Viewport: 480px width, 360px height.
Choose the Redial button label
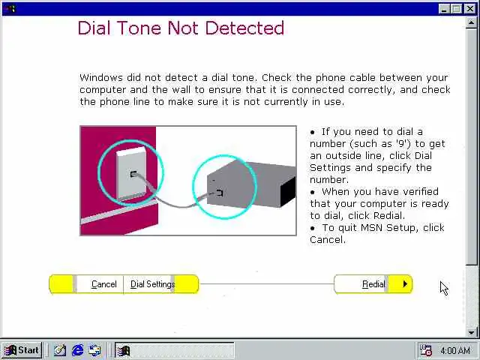tap(373, 284)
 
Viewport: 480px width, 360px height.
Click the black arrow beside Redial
tap(405, 284)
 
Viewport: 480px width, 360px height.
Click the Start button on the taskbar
tap(22, 350)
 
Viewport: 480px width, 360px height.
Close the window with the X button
tap(470, 8)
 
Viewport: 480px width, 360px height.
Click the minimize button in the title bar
tap(444, 8)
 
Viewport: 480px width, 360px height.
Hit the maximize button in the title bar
tap(456, 8)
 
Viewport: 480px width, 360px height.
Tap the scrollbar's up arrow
tap(471, 22)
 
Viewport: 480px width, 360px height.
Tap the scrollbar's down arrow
tap(471, 332)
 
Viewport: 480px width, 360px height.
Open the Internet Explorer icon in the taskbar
tap(77, 350)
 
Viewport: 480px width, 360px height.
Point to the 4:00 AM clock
tap(455, 350)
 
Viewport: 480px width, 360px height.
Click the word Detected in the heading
tap(244, 28)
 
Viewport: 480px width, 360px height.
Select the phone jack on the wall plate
tap(133, 174)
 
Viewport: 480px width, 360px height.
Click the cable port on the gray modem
tap(219, 193)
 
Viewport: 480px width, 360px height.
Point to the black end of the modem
tap(288, 191)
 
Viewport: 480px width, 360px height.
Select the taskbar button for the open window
tap(175, 350)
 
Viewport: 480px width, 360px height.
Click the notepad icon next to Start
tap(60, 350)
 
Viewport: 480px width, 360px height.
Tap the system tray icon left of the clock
tap(425, 350)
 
